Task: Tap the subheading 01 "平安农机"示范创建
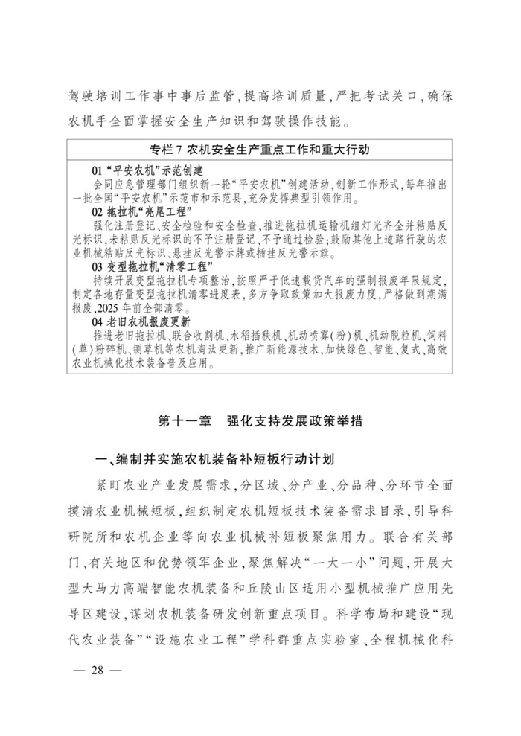[x=141, y=170]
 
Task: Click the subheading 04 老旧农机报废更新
[x=141, y=323]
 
